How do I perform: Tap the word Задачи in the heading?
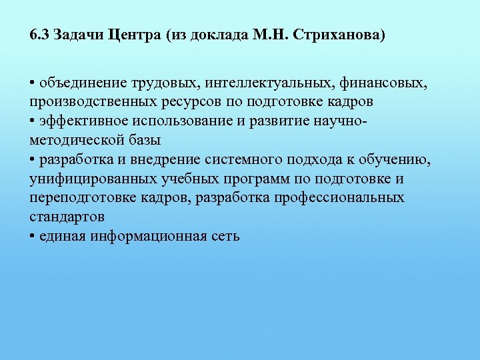point(76,35)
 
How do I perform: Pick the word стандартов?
point(67,217)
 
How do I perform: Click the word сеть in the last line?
point(224,236)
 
